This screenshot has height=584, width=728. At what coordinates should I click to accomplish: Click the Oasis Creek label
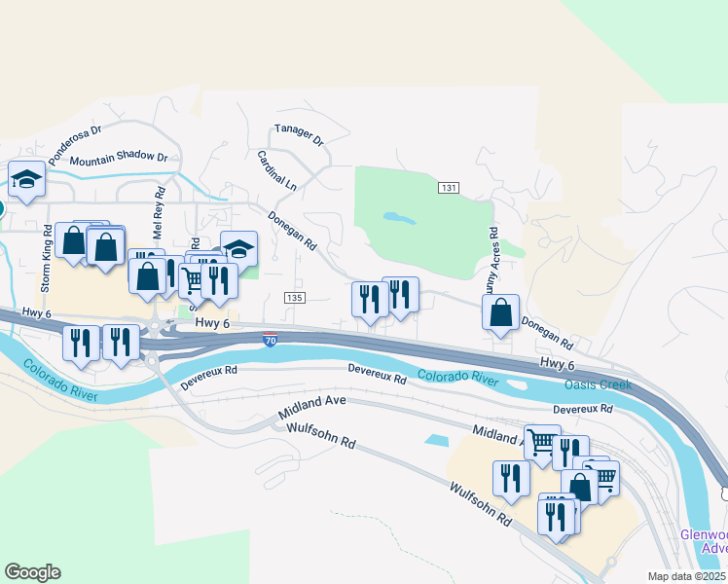click(x=599, y=384)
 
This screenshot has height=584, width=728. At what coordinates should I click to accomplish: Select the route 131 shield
click(x=448, y=187)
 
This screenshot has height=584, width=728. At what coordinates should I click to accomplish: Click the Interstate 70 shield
click(x=271, y=340)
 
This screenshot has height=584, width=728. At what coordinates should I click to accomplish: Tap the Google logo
click(x=32, y=572)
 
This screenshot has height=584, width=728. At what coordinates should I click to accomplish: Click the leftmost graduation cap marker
click(x=27, y=179)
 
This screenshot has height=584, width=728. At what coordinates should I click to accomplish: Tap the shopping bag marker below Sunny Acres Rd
click(x=500, y=313)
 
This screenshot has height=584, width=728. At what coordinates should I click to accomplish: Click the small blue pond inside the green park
click(x=396, y=217)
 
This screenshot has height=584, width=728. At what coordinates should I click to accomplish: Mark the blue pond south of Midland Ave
click(x=437, y=440)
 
